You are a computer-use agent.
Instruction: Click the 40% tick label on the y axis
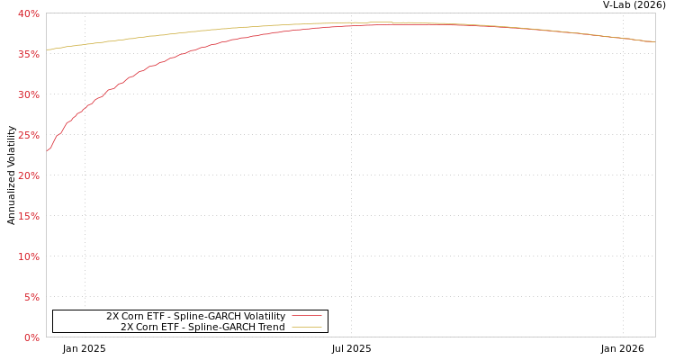click(x=28, y=13)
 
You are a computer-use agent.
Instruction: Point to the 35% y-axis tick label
click(x=28, y=54)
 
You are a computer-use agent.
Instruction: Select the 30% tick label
click(x=28, y=94)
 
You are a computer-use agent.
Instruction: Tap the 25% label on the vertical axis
click(x=28, y=135)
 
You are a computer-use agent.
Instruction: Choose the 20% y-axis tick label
click(x=28, y=175)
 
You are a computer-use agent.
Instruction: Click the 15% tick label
click(x=28, y=216)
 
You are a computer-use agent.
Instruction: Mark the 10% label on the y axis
click(x=28, y=256)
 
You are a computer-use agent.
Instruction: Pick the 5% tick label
click(x=31, y=297)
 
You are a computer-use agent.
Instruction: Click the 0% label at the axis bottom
click(x=31, y=337)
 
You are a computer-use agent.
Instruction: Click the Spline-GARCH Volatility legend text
click(x=195, y=316)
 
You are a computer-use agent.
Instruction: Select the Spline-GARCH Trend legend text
click(x=202, y=327)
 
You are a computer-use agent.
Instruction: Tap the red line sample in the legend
click(x=306, y=316)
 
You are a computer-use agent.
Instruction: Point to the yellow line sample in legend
click(x=306, y=327)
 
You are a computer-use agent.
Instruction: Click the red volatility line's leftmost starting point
click(x=47, y=151)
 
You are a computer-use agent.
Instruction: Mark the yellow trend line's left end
click(x=47, y=49)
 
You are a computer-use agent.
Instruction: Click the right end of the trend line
click(x=654, y=41)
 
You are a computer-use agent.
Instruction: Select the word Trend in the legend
click(x=270, y=327)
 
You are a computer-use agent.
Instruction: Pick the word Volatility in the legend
click(x=263, y=316)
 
